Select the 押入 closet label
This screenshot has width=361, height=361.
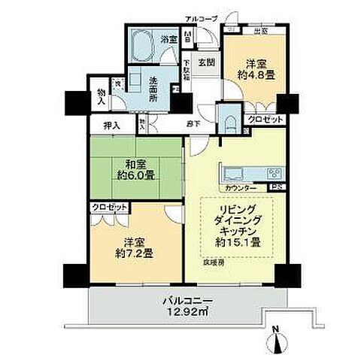click(x=108, y=127)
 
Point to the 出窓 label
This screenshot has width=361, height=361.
click(x=262, y=32)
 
